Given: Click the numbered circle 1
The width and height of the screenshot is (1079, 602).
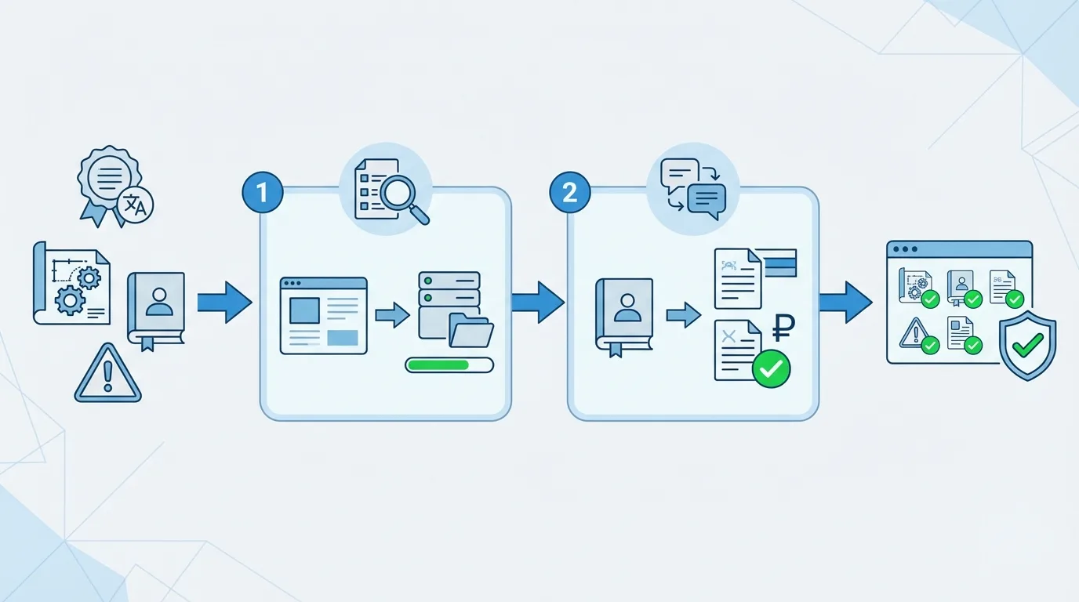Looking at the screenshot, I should (263, 191).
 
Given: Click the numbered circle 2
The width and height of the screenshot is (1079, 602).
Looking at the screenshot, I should (570, 191).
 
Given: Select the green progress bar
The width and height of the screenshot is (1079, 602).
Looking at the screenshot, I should (449, 364).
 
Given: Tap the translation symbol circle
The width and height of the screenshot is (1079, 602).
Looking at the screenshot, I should (136, 205).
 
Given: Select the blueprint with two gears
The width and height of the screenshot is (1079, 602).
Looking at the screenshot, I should (71, 282).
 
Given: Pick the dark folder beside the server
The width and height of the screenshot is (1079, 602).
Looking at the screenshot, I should (470, 330).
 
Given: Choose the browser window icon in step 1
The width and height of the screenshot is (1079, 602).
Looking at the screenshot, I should (323, 315).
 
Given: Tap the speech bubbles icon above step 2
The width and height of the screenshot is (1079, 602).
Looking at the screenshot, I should (693, 187).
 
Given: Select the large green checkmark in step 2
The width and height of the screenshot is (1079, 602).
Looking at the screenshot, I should (771, 368).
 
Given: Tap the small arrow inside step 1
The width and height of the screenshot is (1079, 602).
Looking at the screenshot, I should (391, 316).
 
